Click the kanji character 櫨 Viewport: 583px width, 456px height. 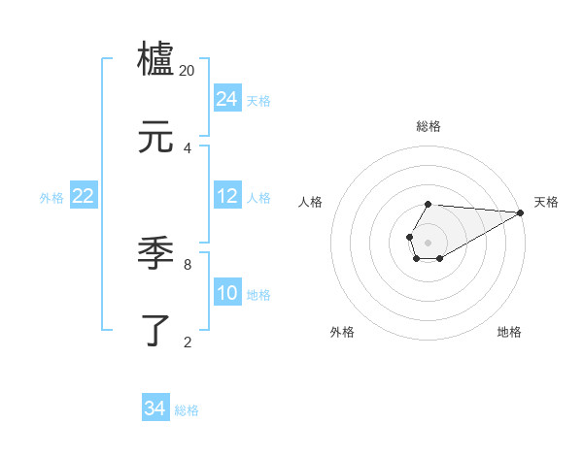pyautogui.click(x=156, y=59)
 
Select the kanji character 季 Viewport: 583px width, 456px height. pyautogui.click(x=156, y=253)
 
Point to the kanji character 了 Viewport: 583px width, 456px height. pyautogui.click(x=156, y=331)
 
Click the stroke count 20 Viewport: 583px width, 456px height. pyautogui.click(x=188, y=71)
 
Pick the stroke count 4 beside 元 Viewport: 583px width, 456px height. pyautogui.click(x=188, y=148)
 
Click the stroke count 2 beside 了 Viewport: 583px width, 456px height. pyautogui.click(x=188, y=342)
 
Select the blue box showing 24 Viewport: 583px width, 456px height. pyautogui.click(x=227, y=99)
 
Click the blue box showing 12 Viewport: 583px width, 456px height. pyautogui.click(x=227, y=196)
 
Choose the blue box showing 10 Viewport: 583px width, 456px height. pyautogui.click(x=227, y=293)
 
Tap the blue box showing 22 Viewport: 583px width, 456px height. pyautogui.click(x=84, y=196)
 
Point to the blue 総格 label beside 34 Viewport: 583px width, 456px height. pyautogui.click(x=187, y=410)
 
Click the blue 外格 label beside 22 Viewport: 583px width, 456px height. pyautogui.click(x=51, y=198)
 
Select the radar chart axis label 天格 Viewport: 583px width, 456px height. pyautogui.click(x=546, y=202)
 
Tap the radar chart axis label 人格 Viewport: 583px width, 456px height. pyautogui.click(x=311, y=202)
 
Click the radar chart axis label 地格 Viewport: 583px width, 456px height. pyautogui.click(x=509, y=332)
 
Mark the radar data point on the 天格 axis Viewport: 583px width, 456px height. pyautogui.click(x=520, y=212)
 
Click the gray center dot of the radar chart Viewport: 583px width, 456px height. pyautogui.click(x=428, y=241)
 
